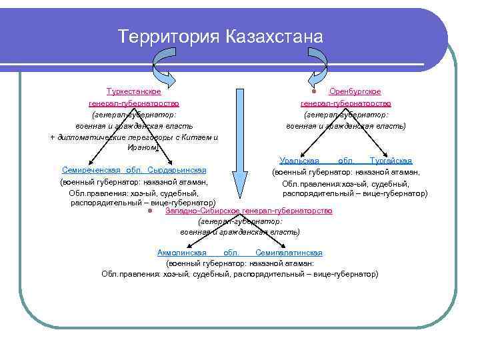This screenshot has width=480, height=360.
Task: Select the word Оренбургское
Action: coord(355,91)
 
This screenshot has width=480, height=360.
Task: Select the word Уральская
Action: coord(300,160)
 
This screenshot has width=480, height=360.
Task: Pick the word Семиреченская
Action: coord(91,170)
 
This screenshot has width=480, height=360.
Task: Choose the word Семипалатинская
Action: coord(289,253)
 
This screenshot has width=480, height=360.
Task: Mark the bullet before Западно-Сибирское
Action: coord(151,211)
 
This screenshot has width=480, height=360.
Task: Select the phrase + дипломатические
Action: coord(86,137)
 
